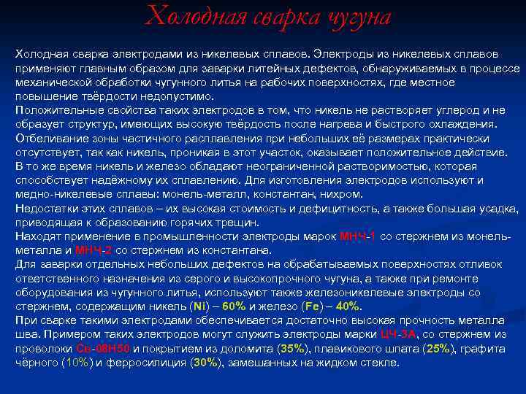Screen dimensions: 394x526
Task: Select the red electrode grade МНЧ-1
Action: [358, 236]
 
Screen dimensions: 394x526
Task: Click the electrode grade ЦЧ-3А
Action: [399, 334]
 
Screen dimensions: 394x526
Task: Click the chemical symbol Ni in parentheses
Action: [197, 306]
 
